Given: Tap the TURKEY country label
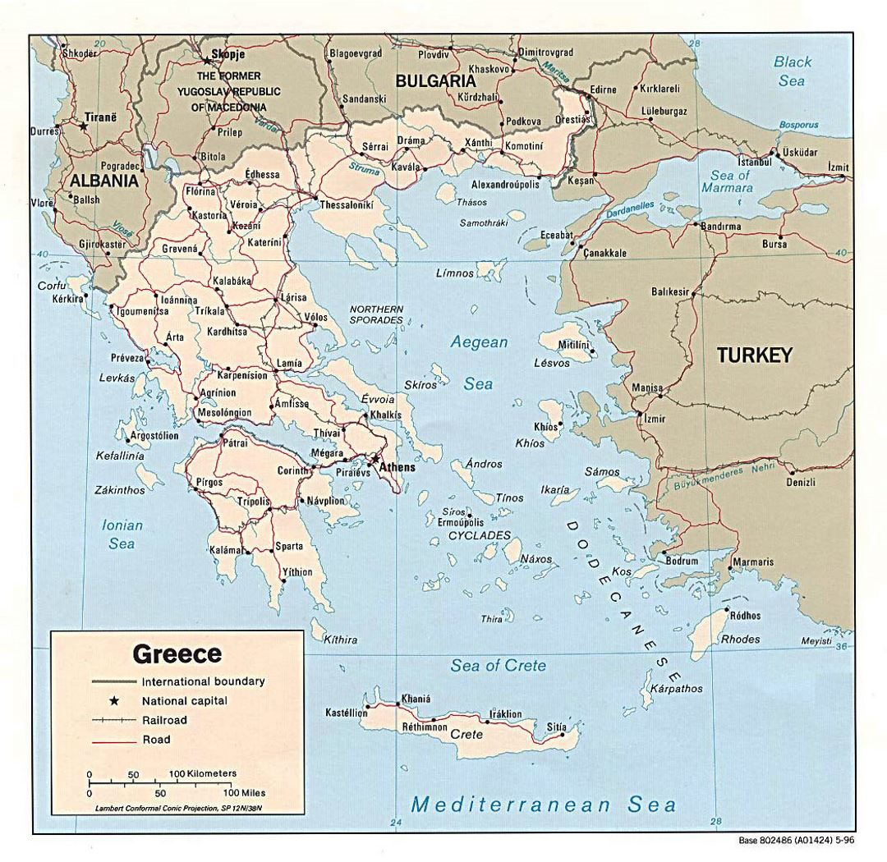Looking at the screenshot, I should pyautogui.click(x=755, y=355).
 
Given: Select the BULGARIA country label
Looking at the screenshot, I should pyautogui.click(x=435, y=81).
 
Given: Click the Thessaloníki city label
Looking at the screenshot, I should pyautogui.click(x=347, y=204).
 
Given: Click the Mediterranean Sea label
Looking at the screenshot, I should pyautogui.click(x=544, y=804).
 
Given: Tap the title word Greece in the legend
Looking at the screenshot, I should pyautogui.click(x=177, y=653).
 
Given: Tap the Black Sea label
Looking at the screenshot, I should pyautogui.click(x=793, y=71).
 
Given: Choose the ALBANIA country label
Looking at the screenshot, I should pyautogui.click(x=103, y=181).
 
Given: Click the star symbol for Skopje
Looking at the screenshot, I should pyautogui.click(x=206, y=60).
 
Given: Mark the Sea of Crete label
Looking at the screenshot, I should pyautogui.click(x=498, y=666).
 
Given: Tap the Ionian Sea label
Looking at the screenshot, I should pyautogui.click(x=122, y=534).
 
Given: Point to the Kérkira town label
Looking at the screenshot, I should pyautogui.click(x=68, y=300).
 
